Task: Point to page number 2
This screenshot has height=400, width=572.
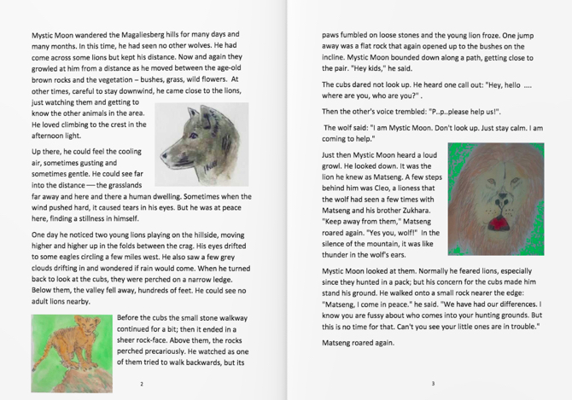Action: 141,385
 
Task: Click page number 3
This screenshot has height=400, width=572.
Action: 432,385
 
